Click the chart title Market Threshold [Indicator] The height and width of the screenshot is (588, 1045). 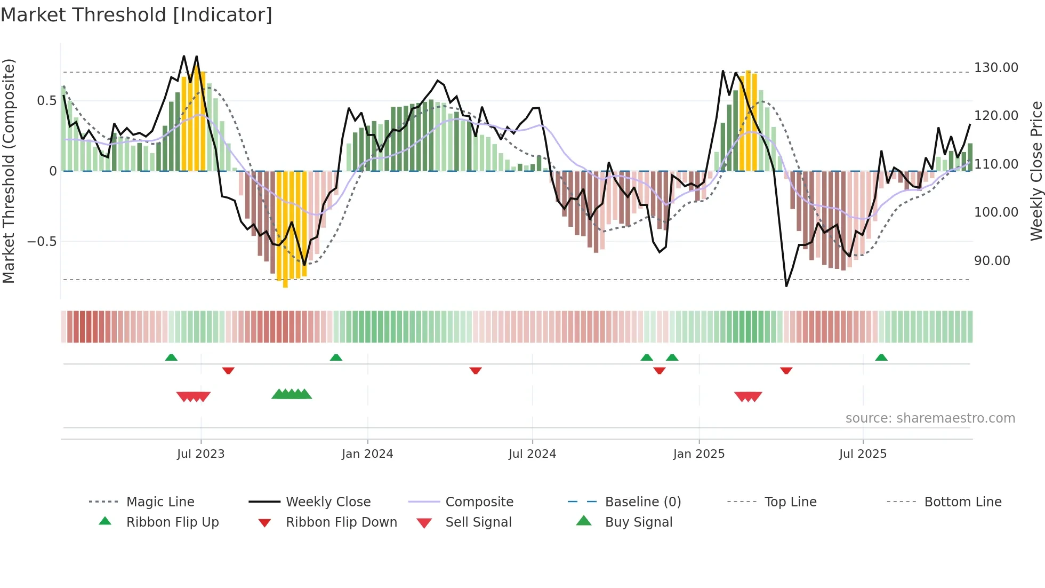tap(136, 15)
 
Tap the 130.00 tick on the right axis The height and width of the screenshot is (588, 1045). tap(995, 68)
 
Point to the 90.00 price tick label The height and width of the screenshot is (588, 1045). tap(992, 261)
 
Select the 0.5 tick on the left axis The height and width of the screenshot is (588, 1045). tap(46, 101)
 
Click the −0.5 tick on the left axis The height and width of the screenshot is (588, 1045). tap(42, 242)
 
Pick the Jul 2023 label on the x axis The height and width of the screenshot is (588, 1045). tap(200, 454)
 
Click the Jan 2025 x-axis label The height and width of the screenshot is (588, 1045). tap(698, 454)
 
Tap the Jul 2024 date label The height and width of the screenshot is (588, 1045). tap(532, 454)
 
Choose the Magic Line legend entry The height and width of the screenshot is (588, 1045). tap(160, 502)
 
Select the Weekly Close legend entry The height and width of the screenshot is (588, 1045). tap(328, 502)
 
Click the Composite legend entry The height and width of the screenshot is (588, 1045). tap(479, 502)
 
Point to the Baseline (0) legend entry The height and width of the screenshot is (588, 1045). tap(642, 502)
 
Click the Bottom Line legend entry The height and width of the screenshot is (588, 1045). tap(962, 502)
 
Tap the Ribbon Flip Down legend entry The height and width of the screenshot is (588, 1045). tap(341, 522)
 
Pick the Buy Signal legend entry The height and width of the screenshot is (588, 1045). tap(638, 522)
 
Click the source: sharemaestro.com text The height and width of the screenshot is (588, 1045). tap(930, 418)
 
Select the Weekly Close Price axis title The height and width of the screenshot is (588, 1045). tap(1036, 171)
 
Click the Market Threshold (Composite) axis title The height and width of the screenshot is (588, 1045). tap(9, 171)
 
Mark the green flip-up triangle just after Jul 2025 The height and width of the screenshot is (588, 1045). tap(881, 357)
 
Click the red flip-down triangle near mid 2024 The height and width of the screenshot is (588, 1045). tap(476, 370)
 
